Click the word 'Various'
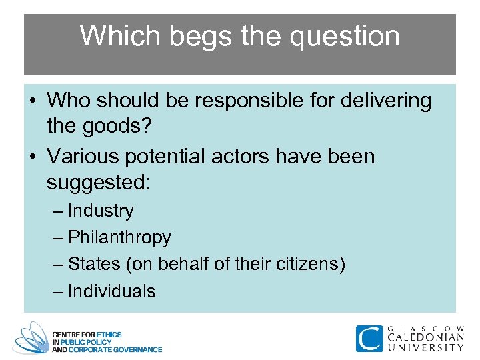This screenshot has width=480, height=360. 86,157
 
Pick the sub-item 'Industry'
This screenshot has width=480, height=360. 101,211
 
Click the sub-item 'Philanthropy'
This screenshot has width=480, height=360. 119,237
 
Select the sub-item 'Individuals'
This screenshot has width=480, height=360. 111,291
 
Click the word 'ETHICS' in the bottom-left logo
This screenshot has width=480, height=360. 109,334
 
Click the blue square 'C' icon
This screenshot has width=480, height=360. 369,338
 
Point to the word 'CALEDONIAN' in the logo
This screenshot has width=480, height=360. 425,337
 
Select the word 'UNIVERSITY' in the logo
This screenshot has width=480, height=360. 425,347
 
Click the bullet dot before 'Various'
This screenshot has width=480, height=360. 32,157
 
